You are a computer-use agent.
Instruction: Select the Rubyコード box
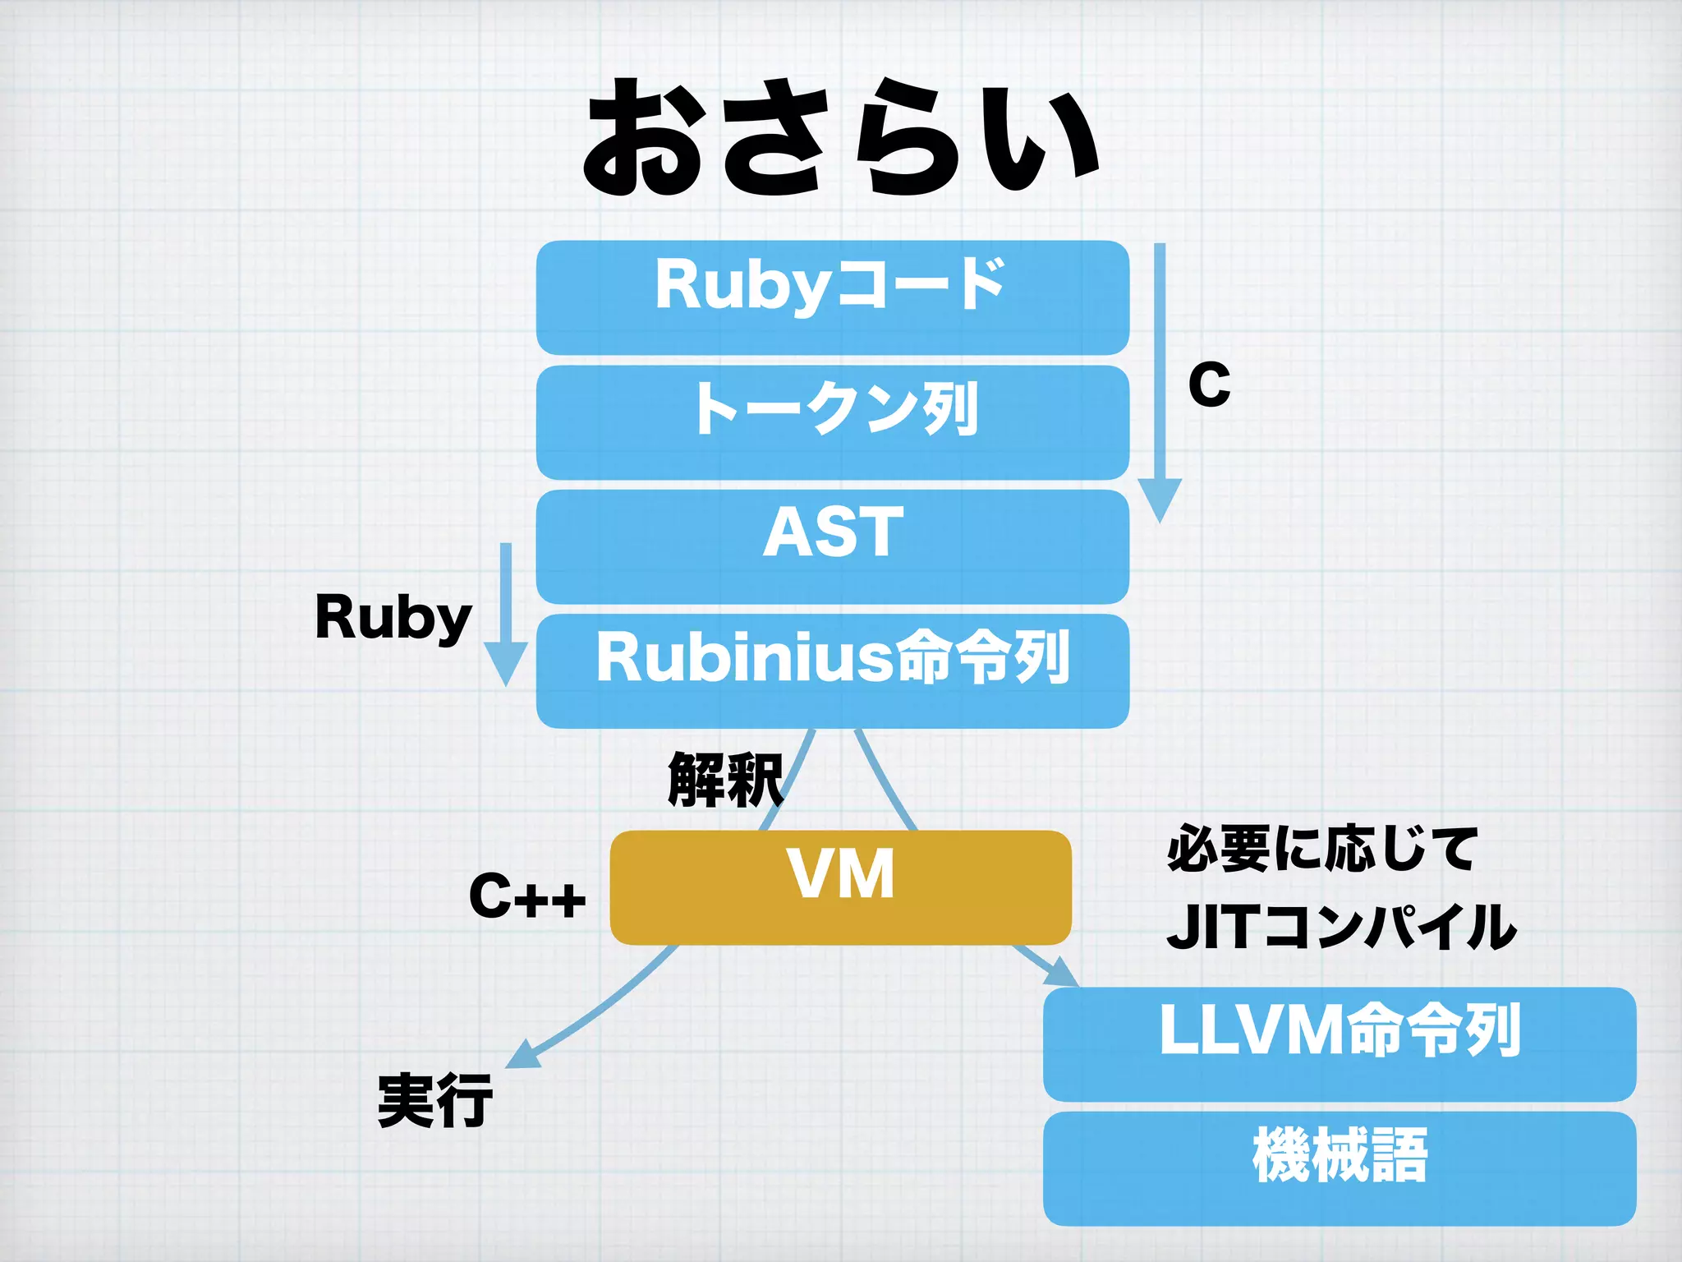click(832, 297)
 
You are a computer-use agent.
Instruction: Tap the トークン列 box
click(832, 422)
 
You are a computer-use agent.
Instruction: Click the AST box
click(832, 546)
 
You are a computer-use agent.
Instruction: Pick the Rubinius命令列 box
click(832, 670)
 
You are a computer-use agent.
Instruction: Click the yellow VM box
click(840, 887)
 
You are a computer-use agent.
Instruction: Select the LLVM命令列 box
click(1339, 1043)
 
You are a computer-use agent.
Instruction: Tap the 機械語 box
click(1339, 1168)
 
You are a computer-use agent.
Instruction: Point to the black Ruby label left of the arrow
click(393, 618)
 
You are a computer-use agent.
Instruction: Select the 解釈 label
click(724, 779)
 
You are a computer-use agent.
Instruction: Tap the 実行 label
click(435, 1101)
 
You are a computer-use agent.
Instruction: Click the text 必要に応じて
click(1322, 849)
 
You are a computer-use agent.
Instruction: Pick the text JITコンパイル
click(1340, 927)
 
